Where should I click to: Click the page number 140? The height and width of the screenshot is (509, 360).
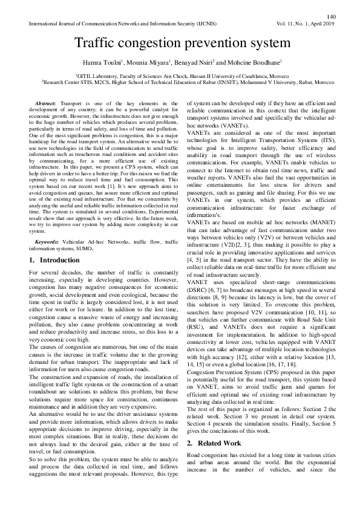pos(330,16)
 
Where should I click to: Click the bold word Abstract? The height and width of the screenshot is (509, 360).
pos(46,104)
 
